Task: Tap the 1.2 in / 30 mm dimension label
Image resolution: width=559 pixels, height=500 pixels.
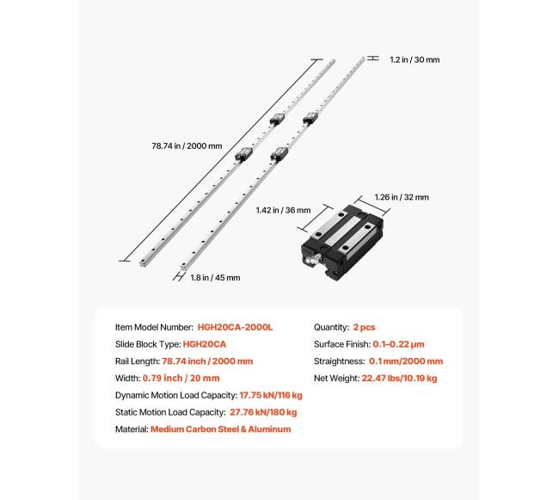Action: [x=415, y=59]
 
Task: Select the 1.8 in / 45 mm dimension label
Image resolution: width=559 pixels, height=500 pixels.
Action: [x=214, y=277]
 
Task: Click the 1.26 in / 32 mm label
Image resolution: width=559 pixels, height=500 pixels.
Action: [x=402, y=197]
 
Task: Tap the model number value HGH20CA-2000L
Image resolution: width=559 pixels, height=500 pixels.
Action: [x=235, y=328]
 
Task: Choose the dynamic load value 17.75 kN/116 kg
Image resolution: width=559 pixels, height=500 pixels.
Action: [x=271, y=395]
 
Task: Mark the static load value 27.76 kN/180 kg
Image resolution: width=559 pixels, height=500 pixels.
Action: [x=266, y=412]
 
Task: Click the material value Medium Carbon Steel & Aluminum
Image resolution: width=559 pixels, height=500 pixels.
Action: [x=220, y=429]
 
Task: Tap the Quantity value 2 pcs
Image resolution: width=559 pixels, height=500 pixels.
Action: [x=362, y=328]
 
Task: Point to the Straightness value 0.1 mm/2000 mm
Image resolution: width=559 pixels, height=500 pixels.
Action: [x=407, y=361]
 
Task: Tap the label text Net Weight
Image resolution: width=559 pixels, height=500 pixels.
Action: [x=335, y=378]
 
